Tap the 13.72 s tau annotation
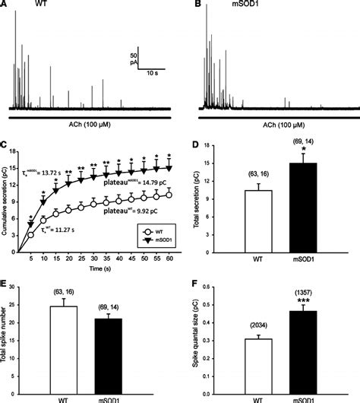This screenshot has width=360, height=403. click(x=52, y=154)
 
